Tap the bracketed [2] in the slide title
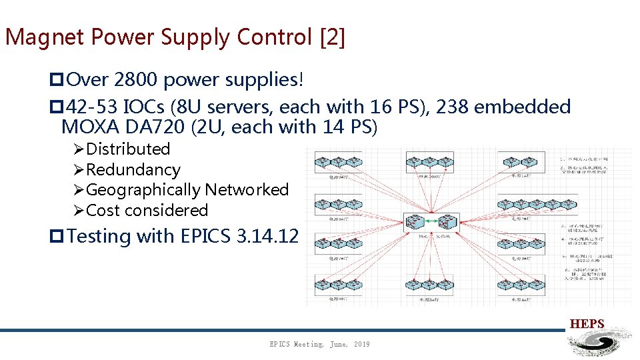tap(333, 37)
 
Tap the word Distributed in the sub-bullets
tap(128, 149)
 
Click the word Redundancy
tap(133, 170)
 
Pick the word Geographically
tap(143, 190)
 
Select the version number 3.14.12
tap(267, 236)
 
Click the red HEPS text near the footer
tap(587, 324)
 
